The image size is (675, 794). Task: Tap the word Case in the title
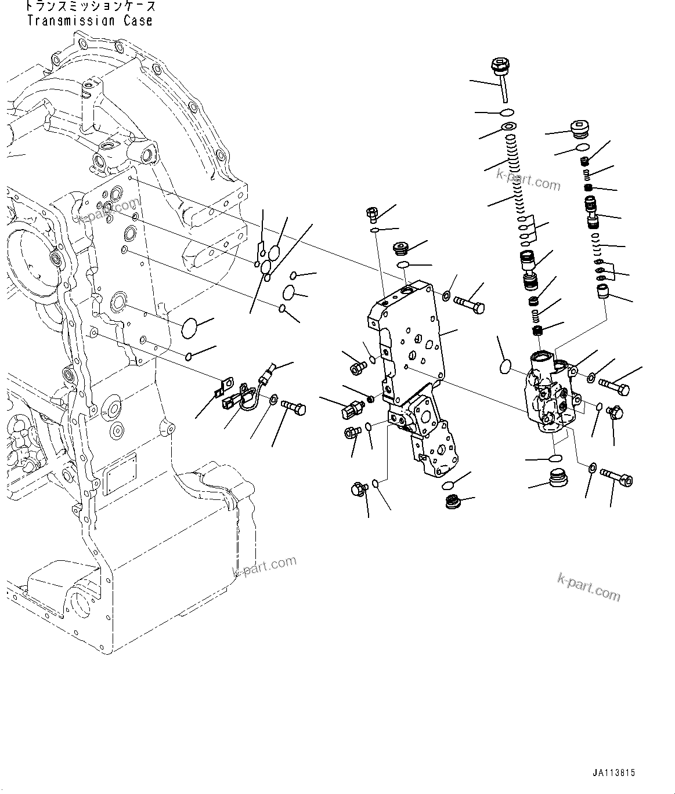(139, 21)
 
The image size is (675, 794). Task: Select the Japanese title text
(91, 7)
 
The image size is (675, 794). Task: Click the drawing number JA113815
(614, 773)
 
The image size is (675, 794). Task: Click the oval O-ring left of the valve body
(506, 367)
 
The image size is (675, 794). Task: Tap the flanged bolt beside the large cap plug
(616, 478)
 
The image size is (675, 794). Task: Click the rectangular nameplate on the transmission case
(119, 467)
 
